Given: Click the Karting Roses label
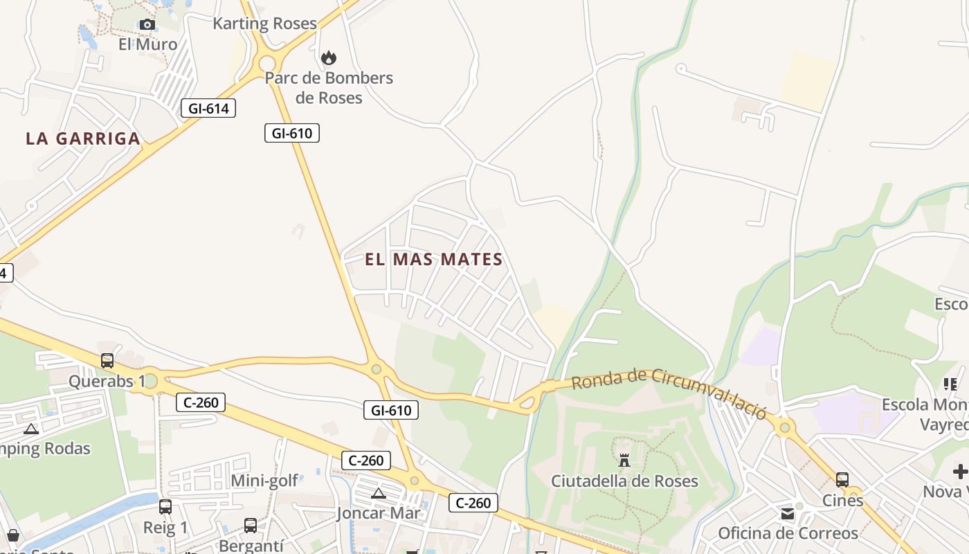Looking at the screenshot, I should [264, 24].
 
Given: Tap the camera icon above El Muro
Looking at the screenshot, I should [147, 25].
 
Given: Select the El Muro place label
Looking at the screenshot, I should [147, 44].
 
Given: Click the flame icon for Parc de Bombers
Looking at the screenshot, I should [329, 57].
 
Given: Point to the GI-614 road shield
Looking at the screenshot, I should [208, 108].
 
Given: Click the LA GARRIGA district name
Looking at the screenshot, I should [83, 138].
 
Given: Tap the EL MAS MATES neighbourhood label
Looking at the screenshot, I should [433, 260].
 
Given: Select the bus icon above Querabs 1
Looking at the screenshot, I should [107, 361].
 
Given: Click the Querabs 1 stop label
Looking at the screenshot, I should [107, 381].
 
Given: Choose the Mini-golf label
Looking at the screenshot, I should [264, 481].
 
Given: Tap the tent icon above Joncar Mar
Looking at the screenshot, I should [378, 494].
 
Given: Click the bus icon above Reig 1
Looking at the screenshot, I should [165, 507].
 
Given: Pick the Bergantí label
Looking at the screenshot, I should [251, 546].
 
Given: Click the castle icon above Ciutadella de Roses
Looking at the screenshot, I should [624, 460].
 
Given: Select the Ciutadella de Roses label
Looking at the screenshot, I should [624, 481].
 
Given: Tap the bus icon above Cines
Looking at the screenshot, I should [842, 479].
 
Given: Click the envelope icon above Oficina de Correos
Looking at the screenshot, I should [788, 514].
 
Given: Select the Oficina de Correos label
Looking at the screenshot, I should [788, 533].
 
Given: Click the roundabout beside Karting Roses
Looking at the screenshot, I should [267, 64].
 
